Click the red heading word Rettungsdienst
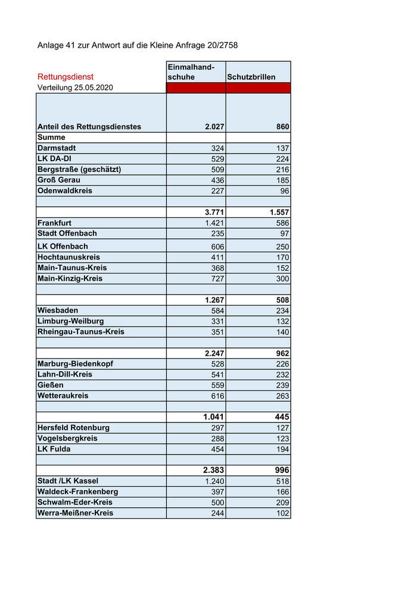click(x=66, y=77)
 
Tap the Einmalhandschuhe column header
click(x=191, y=72)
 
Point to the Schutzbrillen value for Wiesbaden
click(x=282, y=311)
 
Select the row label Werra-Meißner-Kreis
click(x=75, y=513)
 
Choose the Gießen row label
click(x=51, y=385)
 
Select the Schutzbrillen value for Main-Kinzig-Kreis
click(x=282, y=278)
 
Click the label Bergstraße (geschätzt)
click(x=79, y=169)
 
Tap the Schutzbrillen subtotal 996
click(x=279, y=470)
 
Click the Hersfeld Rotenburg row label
click(x=73, y=428)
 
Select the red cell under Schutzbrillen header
click(x=258, y=88)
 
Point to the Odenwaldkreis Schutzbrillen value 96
click(x=285, y=191)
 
